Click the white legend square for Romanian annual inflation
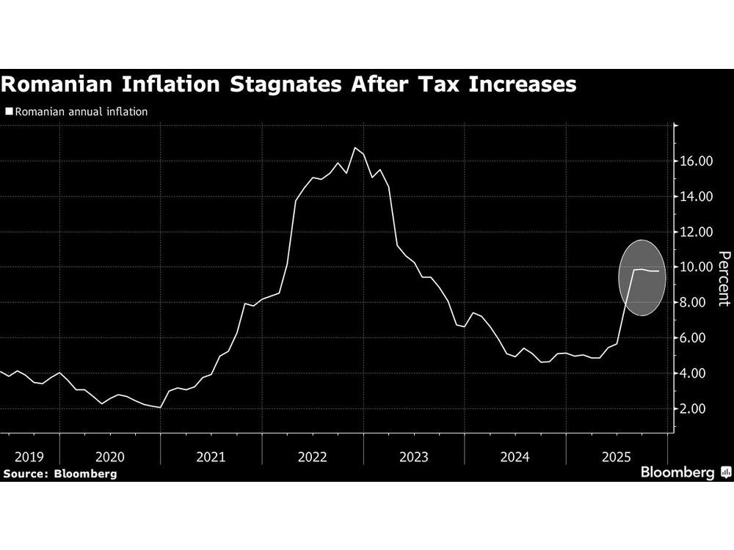(9, 112)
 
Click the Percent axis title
(724, 278)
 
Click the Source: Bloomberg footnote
(59, 474)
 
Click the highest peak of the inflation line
(355, 147)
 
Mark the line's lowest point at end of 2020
(160, 407)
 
